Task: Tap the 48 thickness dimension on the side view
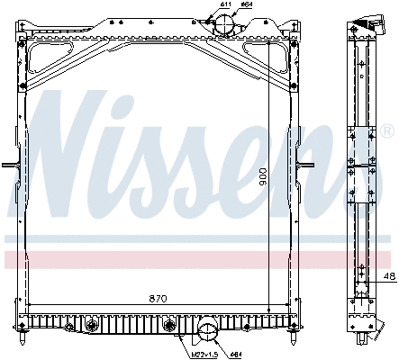(x=387, y=275)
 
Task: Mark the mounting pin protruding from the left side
(x=7, y=166)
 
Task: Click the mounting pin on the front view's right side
(x=311, y=166)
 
